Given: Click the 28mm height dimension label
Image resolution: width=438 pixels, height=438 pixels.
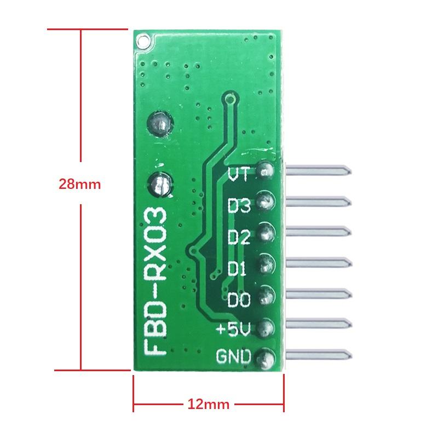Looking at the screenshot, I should [80, 184].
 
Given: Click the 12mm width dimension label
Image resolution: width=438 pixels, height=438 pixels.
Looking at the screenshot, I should [208, 405].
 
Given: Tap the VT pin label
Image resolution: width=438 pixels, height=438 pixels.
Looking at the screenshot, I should [239, 175].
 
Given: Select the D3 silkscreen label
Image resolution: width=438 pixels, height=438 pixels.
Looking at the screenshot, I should [239, 206].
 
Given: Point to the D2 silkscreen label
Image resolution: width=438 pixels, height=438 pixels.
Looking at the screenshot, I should [239, 238].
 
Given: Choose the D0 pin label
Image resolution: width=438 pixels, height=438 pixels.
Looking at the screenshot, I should [239, 300].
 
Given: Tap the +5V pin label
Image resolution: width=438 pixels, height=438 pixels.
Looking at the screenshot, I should [234, 330].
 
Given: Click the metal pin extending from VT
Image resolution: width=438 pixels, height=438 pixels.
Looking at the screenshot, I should [318, 171].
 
